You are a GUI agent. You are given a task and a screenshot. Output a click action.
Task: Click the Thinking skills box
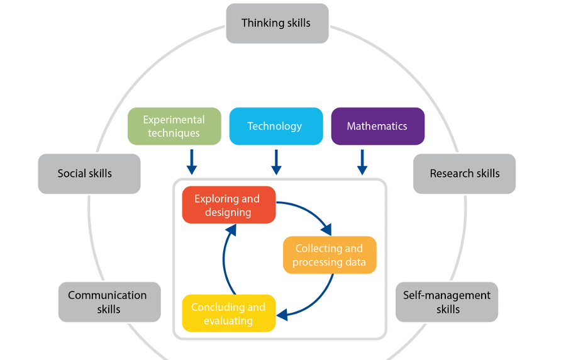click(277, 23)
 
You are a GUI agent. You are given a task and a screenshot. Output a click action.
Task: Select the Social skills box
click(89, 174)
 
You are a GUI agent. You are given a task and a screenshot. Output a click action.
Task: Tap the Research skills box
click(464, 174)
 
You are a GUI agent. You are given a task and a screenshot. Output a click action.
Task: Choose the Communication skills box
click(109, 302)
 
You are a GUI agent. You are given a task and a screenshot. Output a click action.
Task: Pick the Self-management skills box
click(447, 302)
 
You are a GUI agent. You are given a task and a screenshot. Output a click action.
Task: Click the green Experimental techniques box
click(174, 127)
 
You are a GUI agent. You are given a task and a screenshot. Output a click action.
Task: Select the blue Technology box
click(275, 127)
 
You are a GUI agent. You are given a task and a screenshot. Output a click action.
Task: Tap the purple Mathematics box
click(377, 127)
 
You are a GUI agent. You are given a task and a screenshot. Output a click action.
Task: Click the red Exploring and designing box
click(228, 205)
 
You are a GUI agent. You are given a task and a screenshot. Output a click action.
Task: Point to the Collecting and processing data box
click(329, 255)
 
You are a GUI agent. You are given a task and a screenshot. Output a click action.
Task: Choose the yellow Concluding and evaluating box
click(228, 313)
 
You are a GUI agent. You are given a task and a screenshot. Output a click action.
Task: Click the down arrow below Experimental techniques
click(192, 162)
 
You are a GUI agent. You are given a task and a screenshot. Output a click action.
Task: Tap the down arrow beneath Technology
click(276, 162)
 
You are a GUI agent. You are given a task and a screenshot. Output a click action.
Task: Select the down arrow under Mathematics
click(362, 162)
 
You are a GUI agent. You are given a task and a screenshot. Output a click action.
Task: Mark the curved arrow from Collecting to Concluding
click(318, 299)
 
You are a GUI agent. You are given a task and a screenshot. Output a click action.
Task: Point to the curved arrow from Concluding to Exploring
click(225, 258)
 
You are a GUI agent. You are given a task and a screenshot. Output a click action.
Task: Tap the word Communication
click(108, 295)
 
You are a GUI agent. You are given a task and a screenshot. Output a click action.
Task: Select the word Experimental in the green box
click(174, 120)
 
